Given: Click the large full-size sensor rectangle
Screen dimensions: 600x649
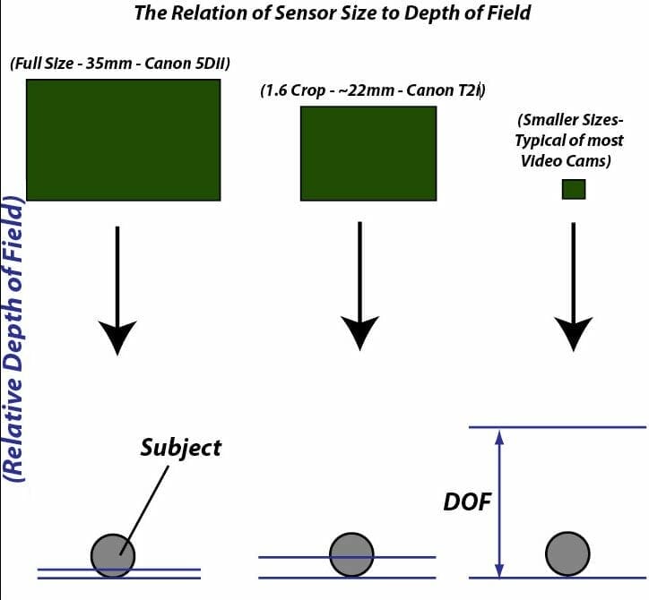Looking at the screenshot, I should pyautogui.click(x=123, y=141).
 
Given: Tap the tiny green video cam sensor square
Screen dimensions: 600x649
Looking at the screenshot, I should pyautogui.click(x=574, y=189).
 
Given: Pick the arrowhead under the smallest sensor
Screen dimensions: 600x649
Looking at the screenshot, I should pyautogui.click(x=573, y=332).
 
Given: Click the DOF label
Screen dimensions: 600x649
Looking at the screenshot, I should pyautogui.click(x=467, y=502).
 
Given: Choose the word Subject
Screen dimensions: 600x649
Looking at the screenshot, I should pyautogui.click(x=180, y=447).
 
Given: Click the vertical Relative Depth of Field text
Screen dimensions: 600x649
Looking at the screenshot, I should pyautogui.click(x=14, y=340).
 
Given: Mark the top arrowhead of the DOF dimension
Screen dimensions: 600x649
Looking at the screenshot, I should pyautogui.click(x=500, y=436).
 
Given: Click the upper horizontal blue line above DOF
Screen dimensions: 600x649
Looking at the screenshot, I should pyautogui.click(x=556, y=427).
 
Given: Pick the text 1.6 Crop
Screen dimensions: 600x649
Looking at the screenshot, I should pyautogui.click(x=297, y=90).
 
